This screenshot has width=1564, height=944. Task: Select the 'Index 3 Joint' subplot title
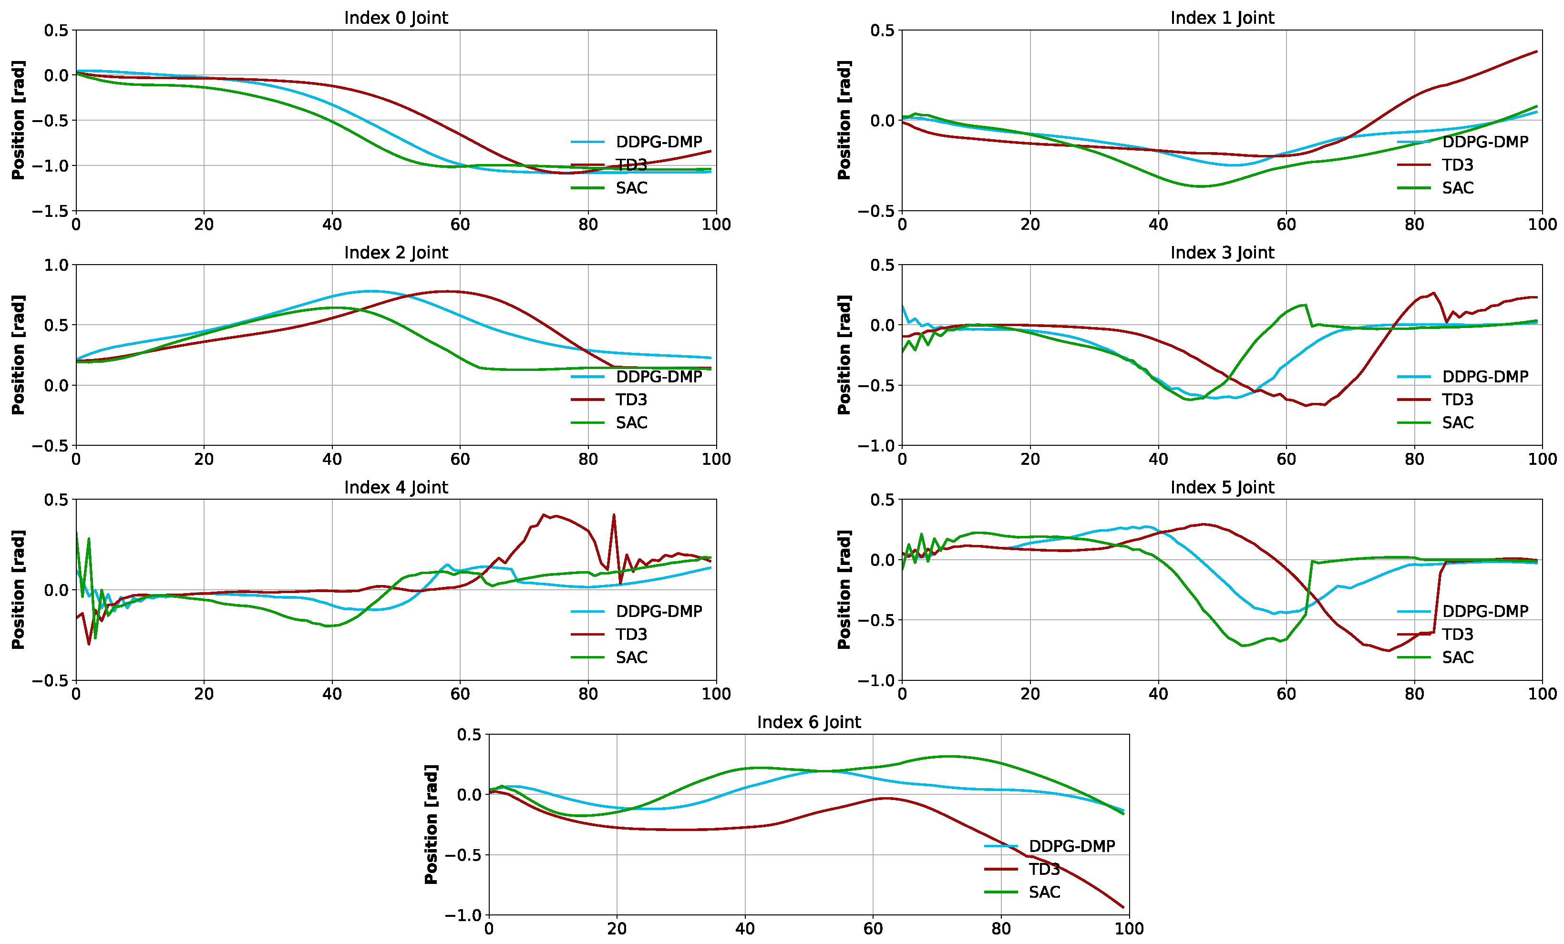pyautogui.click(x=1222, y=253)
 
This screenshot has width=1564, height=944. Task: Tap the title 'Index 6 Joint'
pyautogui.click(x=809, y=722)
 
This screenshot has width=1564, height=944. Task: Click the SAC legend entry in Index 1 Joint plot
pyautogui.click(x=1457, y=188)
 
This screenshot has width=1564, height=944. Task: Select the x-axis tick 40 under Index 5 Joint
pyautogui.click(x=1158, y=694)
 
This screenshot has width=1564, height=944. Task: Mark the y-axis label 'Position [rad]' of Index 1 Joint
pyautogui.click(x=844, y=120)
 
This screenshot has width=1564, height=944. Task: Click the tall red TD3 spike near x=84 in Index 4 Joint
pyautogui.click(x=614, y=515)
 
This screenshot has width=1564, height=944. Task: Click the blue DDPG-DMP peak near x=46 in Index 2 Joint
pyautogui.click(x=370, y=291)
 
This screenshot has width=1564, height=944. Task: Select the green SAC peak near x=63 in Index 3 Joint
pyautogui.click(x=1306, y=305)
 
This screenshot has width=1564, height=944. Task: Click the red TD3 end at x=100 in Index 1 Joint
pyautogui.click(x=1537, y=51)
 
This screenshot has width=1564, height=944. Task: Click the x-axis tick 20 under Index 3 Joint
pyautogui.click(x=1029, y=459)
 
